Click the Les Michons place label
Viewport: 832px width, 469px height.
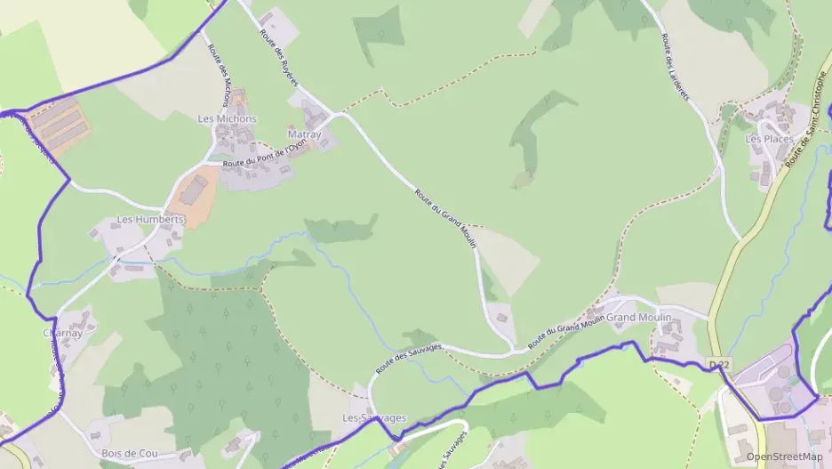pyautogui.click(x=227, y=118)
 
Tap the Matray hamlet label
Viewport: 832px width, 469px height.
pyautogui.click(x=304, y=134)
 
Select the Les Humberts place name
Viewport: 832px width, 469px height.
pyautogui.click(x=150, y=219)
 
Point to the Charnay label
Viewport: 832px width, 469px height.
pyautogui.click(x=62, y=334)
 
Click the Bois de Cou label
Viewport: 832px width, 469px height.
pyautogui.click(x=129, y=453)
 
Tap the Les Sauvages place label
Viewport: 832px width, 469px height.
pyautogui.click(x=374, y=417)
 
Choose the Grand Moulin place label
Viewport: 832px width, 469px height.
pyautogui.click(x=639, y=318)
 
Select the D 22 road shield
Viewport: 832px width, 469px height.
pyautogui.click(x=719, y=365)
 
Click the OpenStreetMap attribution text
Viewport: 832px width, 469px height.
pyautogui.click(x=784, y=457)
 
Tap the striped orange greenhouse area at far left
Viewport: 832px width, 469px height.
pyautogui.click(x=58, y=125)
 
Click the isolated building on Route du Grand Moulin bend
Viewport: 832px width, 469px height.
pyautogui.click(x=500, y=315)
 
